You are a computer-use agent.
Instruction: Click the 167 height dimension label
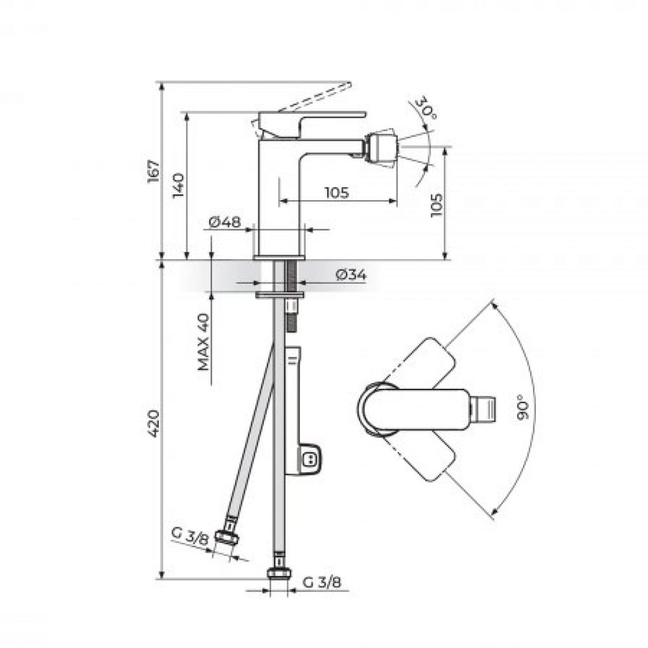(154, 170)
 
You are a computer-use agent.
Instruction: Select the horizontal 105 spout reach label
(336, 192)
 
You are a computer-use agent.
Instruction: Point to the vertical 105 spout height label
(436, 205)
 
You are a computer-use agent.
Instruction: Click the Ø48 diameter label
(225, 222)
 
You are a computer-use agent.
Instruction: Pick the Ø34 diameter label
(351, 274)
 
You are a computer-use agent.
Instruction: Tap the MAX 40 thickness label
(203, 342)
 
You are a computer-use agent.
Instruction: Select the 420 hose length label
(154, 424)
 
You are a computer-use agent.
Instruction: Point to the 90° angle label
(523, 407)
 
